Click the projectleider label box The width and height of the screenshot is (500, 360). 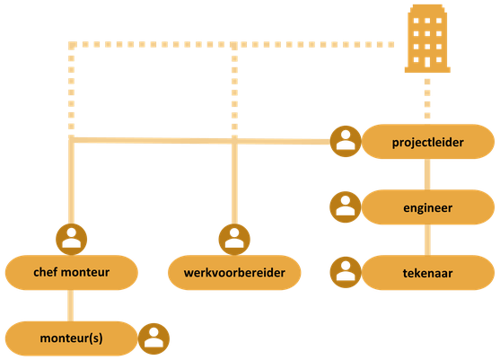click(x=428, y=142)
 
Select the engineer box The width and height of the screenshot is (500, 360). click(x=428, y=207)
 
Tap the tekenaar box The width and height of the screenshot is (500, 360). click(x=428, y=273)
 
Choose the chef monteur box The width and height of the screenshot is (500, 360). click(x=72, y=272)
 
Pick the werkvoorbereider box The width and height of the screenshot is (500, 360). click(x=234, y=272)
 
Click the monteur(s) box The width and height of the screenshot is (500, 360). click(x=72, y=338)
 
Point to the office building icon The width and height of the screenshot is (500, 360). click(x=427, y=39)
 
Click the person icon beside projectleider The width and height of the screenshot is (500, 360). click(x=346, y=141)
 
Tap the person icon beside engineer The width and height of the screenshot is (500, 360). click(x=346, y=207)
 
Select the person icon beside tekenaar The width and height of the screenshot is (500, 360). click(x=346, y=272)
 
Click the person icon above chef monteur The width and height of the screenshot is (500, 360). click(x=72, y=239)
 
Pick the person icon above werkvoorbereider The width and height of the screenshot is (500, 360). click(x=234, y=239)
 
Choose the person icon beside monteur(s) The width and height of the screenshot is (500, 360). click(x=154, y=338)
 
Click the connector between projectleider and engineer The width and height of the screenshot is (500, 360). click(x=427, y=174)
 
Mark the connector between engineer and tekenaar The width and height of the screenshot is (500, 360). click(x=427, y=240)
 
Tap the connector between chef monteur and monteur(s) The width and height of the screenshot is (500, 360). click(x=71, y=305)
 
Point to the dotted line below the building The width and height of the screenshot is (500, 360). click(x=427, y=99)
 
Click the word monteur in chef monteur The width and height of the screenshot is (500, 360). click(x=85, y=273)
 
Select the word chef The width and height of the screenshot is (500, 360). click(x=46, y=272)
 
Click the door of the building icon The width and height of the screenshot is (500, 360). click(x=427, y=62)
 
